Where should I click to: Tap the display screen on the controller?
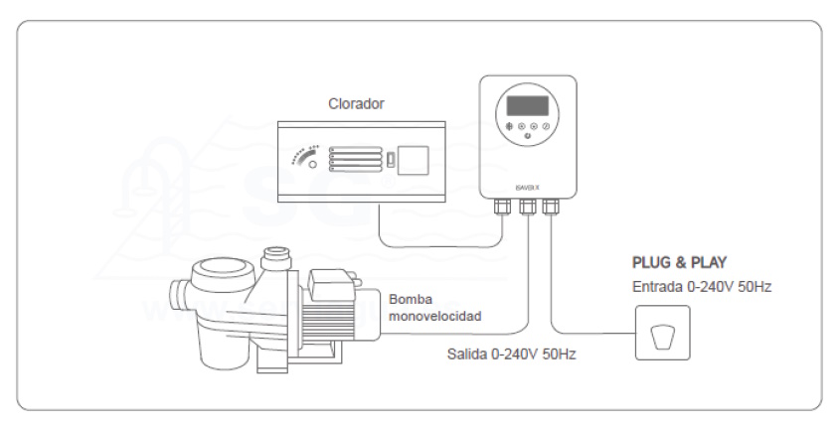click(x=530, y=104)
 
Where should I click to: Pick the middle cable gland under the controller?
click(x=527, y=206)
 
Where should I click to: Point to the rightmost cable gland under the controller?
click(x=550, y=206)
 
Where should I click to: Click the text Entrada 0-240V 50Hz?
click(x=702, y=287)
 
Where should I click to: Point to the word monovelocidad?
click(x=435, y=316)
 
